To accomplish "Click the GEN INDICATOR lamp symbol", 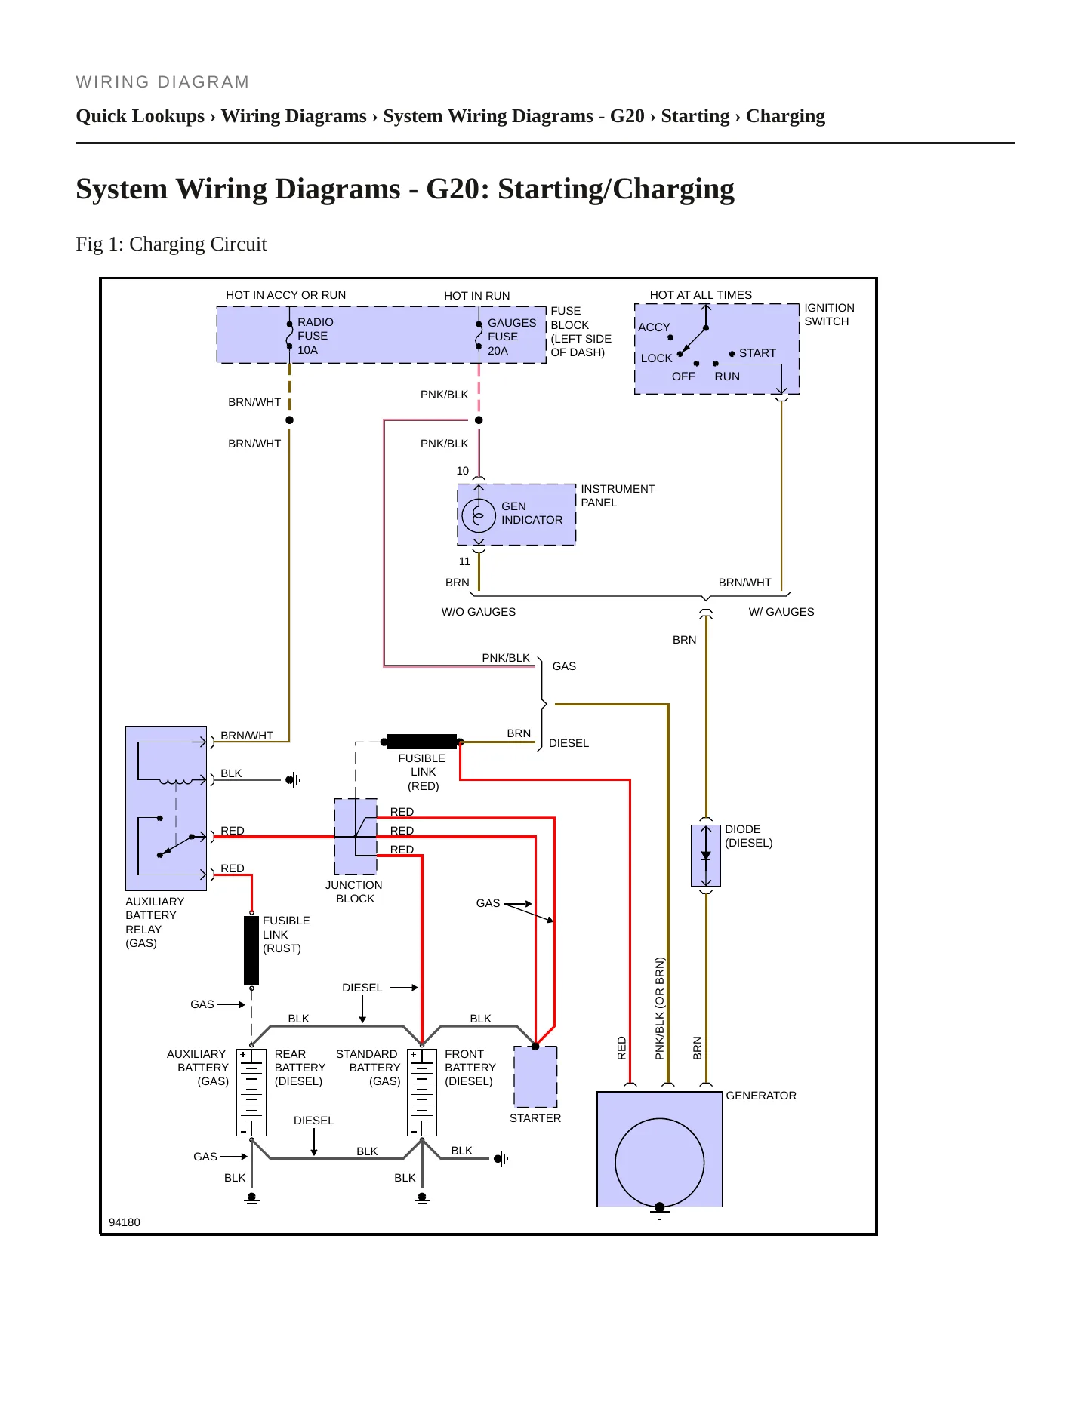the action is click(479, 516).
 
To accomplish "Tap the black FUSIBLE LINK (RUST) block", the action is click(251, 950).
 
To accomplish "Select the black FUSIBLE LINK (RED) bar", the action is click(422, 742).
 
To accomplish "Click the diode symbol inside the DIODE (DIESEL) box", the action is click(706, 856).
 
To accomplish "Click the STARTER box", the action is click(535, 1077).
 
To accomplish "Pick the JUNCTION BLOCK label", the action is click(354, 892).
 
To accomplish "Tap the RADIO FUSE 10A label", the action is click(316, 336).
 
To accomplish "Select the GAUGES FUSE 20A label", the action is click(512, 337).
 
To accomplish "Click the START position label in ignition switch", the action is click(757, 353).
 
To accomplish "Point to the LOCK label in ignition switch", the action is click(656, 358).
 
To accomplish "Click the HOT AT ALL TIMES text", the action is click(701, 295).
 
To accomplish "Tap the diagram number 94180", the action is click(125, 1222).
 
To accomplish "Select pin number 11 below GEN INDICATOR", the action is click(464, 561).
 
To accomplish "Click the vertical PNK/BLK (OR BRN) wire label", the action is click(660, 1008).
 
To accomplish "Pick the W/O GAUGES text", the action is click(479, 612).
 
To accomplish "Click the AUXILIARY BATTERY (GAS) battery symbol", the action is click(251, 1092).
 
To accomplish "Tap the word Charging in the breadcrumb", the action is click(785, 116).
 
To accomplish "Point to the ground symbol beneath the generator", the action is click(659, 1213).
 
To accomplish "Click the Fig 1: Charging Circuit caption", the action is click(171, 244).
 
